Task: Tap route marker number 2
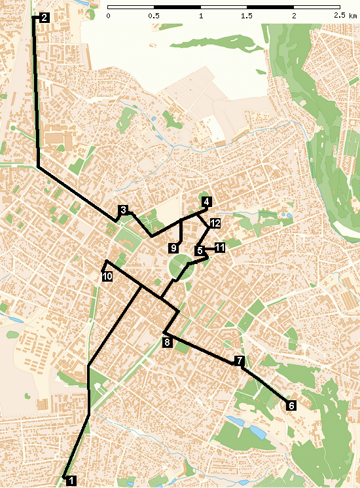coord(43,18)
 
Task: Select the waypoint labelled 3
coord(122,210)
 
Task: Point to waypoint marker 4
coord(206,201)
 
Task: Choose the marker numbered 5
coord(198,250)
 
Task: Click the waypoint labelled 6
coord(291,405)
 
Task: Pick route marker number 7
coord(240,360)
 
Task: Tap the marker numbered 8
coord(167,342)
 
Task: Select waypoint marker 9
coord(173,248)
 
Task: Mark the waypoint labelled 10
coord(108,276)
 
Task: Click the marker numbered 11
coord(219,247)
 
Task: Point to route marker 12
coord(215,223)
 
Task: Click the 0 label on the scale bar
coord(108,14)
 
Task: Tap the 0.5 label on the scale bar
coord(154,14)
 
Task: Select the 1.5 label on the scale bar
coord(247,14)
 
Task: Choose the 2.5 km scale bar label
coord(343,14)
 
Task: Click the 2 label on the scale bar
coord(294,14)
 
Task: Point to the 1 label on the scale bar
coord(200,14)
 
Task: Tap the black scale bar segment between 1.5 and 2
coord(270,6)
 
